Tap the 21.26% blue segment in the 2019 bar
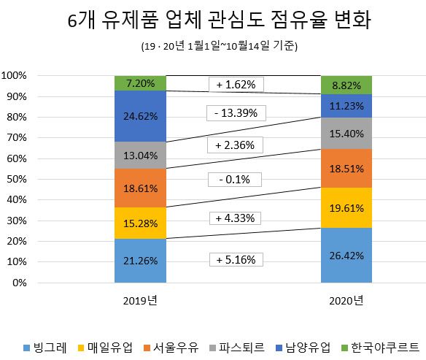tap(140, 261)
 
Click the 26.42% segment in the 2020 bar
tap(346, 256)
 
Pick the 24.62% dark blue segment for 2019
tap(140, 116)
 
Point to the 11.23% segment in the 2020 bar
tap(346, 105)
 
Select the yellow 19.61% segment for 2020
tap(346, 207)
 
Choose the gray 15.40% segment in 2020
tap(346, 133)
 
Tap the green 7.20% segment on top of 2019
tap(140, 83)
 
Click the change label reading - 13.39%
tap(236, 114)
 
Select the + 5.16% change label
tap(236, 260)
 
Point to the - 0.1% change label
tap(236, 180)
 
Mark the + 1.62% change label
tap(236, 85)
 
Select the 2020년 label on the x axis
tap(346, 300)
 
